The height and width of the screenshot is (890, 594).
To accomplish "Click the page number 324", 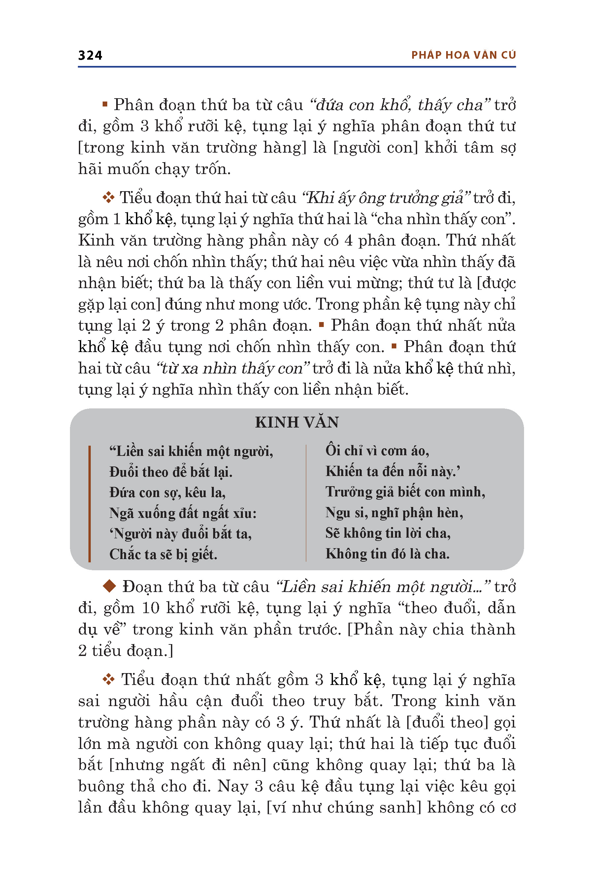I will click(90, 55).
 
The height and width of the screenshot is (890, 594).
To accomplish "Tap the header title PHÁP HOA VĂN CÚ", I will click(463, 55).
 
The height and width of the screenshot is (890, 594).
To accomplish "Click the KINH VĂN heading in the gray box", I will click(297, 422).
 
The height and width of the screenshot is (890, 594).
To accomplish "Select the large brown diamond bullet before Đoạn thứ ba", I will click(110, 586).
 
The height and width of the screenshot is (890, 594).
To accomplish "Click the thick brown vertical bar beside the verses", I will click(89, 503).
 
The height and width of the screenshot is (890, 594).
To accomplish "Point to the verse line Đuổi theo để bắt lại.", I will click(171, 472).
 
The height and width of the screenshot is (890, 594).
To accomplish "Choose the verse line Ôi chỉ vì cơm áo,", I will click(377, 451).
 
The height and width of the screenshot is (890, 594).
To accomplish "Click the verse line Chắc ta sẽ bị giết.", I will click(163, 554).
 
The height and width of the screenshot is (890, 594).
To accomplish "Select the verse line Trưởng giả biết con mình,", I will click(405, 492).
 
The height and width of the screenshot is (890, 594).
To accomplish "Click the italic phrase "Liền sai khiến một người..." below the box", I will click(383, 586).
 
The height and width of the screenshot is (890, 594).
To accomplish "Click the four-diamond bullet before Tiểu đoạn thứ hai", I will click(109, 197).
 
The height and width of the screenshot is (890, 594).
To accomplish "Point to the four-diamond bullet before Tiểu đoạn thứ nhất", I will click(109, 680).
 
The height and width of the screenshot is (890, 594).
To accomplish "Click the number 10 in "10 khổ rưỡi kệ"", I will click(151, 608).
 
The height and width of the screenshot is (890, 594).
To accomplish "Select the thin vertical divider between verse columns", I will click(306, 503).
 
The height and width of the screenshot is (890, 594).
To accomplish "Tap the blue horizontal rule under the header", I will click(297, 67).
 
